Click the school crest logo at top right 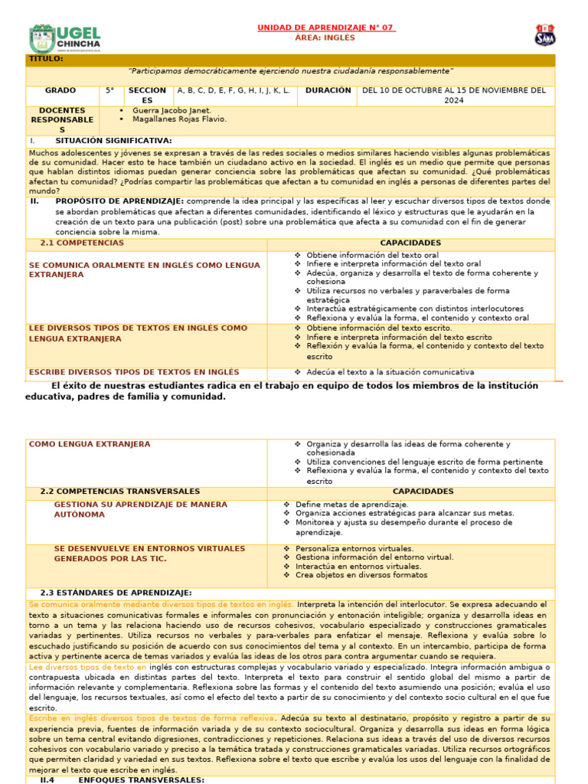pos(544,35)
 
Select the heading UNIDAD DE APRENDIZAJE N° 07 pos(325,28)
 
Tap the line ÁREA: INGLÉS pos(325,38)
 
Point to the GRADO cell pos(60,90)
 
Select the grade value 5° pos(110,90)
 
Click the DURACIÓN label pos(328,90)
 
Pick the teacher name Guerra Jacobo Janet pos(171,110)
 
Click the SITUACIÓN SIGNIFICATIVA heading pos(113,141)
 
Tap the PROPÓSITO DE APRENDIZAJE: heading pos(118,201)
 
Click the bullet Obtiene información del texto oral pos(372,255)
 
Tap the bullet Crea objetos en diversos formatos pos(361,575)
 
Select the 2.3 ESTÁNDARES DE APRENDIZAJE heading pos(115,593)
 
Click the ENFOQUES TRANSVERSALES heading pos(141,779)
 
